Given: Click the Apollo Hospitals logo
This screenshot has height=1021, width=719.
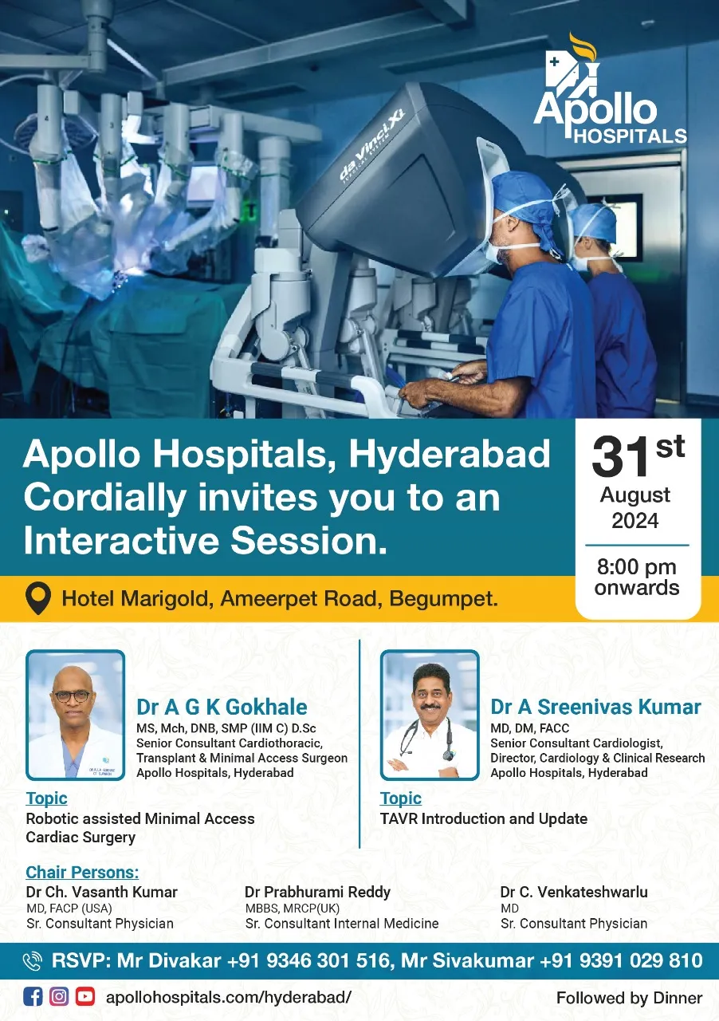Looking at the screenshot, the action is click(610, 89).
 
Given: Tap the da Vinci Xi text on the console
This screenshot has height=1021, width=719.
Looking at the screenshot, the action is click(372, 148).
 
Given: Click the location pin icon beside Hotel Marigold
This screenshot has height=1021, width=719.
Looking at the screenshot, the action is click(37, 598).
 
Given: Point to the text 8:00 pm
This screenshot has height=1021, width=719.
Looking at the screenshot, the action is click(637, 567).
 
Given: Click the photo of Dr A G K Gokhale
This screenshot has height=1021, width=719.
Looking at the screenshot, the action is click(75, 715).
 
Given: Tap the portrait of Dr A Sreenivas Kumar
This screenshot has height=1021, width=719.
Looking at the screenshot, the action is click(430, 715).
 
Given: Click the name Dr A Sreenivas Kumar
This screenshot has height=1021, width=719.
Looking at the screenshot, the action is click(595, 707).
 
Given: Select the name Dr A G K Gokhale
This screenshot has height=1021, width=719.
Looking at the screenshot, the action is click(222, 707).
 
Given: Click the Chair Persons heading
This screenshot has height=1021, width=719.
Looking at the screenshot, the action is click(82, 872).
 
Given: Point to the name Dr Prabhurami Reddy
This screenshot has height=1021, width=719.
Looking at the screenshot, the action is click(317, 892).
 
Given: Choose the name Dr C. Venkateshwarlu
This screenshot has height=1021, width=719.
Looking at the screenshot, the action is click(574, 892).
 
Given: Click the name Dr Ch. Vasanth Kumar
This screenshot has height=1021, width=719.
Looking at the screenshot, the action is click(101, 892).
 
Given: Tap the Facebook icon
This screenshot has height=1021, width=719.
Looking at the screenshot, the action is click(33, 996).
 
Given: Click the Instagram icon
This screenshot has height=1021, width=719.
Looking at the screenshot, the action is click(59, 996).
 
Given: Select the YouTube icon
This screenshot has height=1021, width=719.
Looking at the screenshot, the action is click(85, 996).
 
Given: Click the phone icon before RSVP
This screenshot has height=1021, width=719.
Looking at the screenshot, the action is click(33, 961).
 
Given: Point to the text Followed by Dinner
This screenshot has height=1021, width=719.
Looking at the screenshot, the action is click(629, 998).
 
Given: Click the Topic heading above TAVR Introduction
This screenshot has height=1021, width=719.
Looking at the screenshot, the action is click(400, 798).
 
